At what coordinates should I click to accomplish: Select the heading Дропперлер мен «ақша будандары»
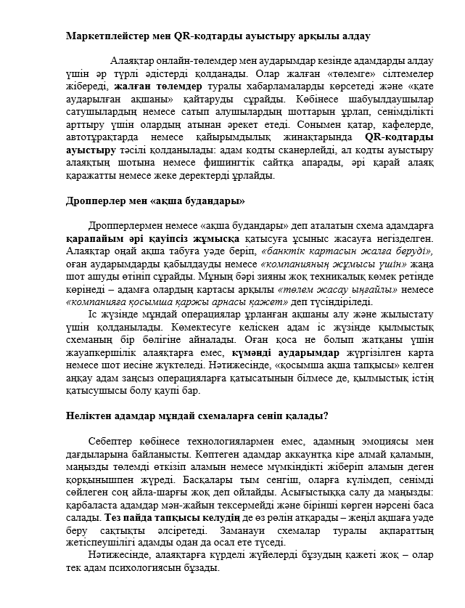pyautogui.click(x=155, y=200)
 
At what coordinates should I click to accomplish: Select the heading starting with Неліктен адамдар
pyautogui.click(x=197, y=416)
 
